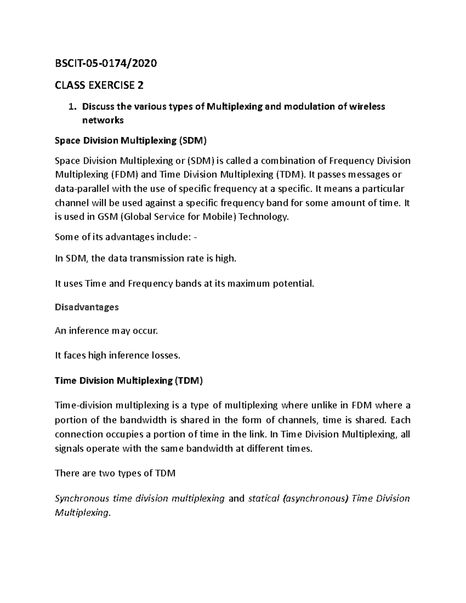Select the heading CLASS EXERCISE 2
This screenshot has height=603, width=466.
pyautogui.click(x=99, y=85)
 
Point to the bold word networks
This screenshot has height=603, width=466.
pyautogui.click(x=103, y=120)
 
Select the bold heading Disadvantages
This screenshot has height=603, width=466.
pyautogui.click(x=87, y=307)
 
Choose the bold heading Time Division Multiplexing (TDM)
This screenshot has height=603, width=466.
pyautogui.click(x=129, y=381)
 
